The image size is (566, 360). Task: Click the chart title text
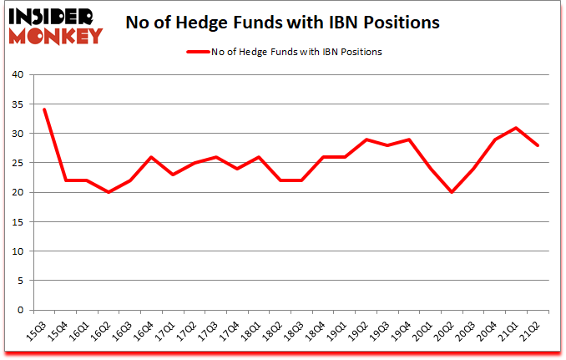pos(282,23)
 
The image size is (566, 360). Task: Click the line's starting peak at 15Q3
pos(44,109)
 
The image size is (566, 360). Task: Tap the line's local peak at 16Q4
pos(149,157)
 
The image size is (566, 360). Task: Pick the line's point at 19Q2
pos(366,139)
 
